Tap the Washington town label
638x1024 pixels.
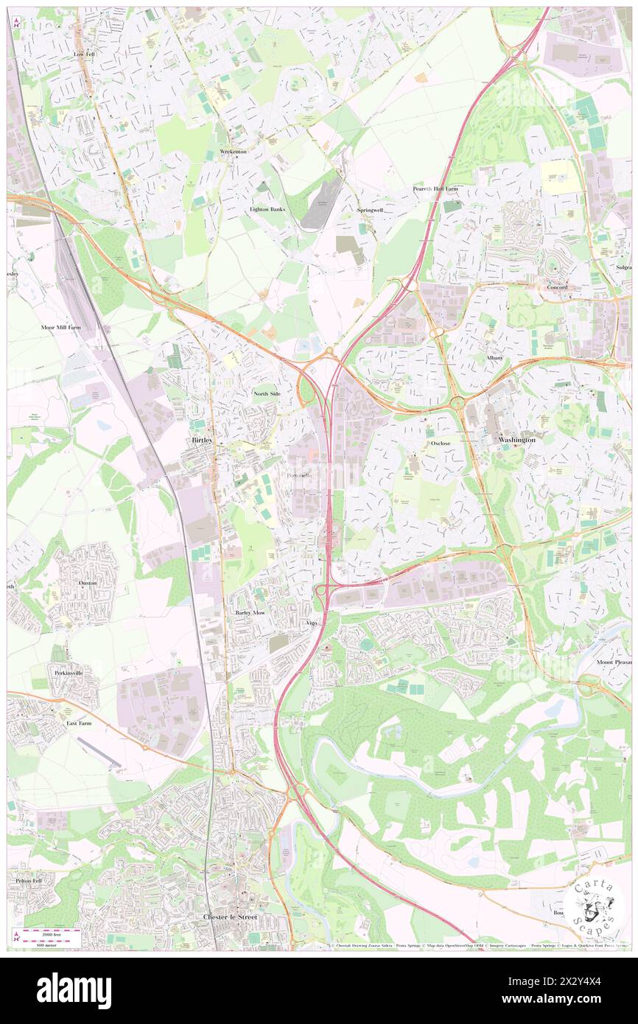(516, 439)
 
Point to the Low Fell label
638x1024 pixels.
(85, 55)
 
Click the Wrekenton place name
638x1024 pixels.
(234, 152)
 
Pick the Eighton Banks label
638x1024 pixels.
(267, 209)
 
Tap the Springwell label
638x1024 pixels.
(371, 210)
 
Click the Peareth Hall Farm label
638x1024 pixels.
(435, 189)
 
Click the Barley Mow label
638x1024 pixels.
(250, 612)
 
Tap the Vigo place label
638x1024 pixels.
(311, 623)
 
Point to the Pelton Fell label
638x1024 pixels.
(26, 880)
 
